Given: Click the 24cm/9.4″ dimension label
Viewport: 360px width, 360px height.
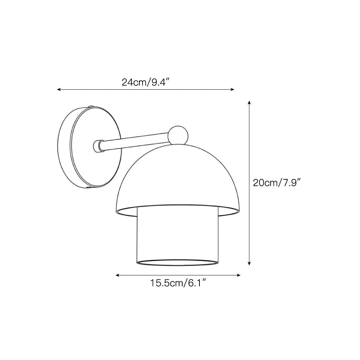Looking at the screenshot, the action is [x=145, y=82].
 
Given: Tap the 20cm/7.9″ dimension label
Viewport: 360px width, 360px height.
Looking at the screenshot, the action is [x=276, y=183].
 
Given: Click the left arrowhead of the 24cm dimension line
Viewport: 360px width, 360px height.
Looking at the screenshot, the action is [x=59, y=89].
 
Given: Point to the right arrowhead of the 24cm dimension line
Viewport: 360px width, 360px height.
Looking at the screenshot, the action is [x=232, y=89].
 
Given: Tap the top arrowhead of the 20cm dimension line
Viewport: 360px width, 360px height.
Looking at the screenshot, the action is [x=249, y=102].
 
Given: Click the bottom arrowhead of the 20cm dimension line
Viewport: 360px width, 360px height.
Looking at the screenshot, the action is [x=249, y=263].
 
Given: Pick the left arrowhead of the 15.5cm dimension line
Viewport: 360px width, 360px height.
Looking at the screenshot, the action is [x=117, y=275].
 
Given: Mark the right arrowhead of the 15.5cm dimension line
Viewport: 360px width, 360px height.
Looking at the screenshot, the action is [x=239, y=275].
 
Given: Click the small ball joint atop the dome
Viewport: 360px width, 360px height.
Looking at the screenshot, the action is [x=178, y=135].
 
